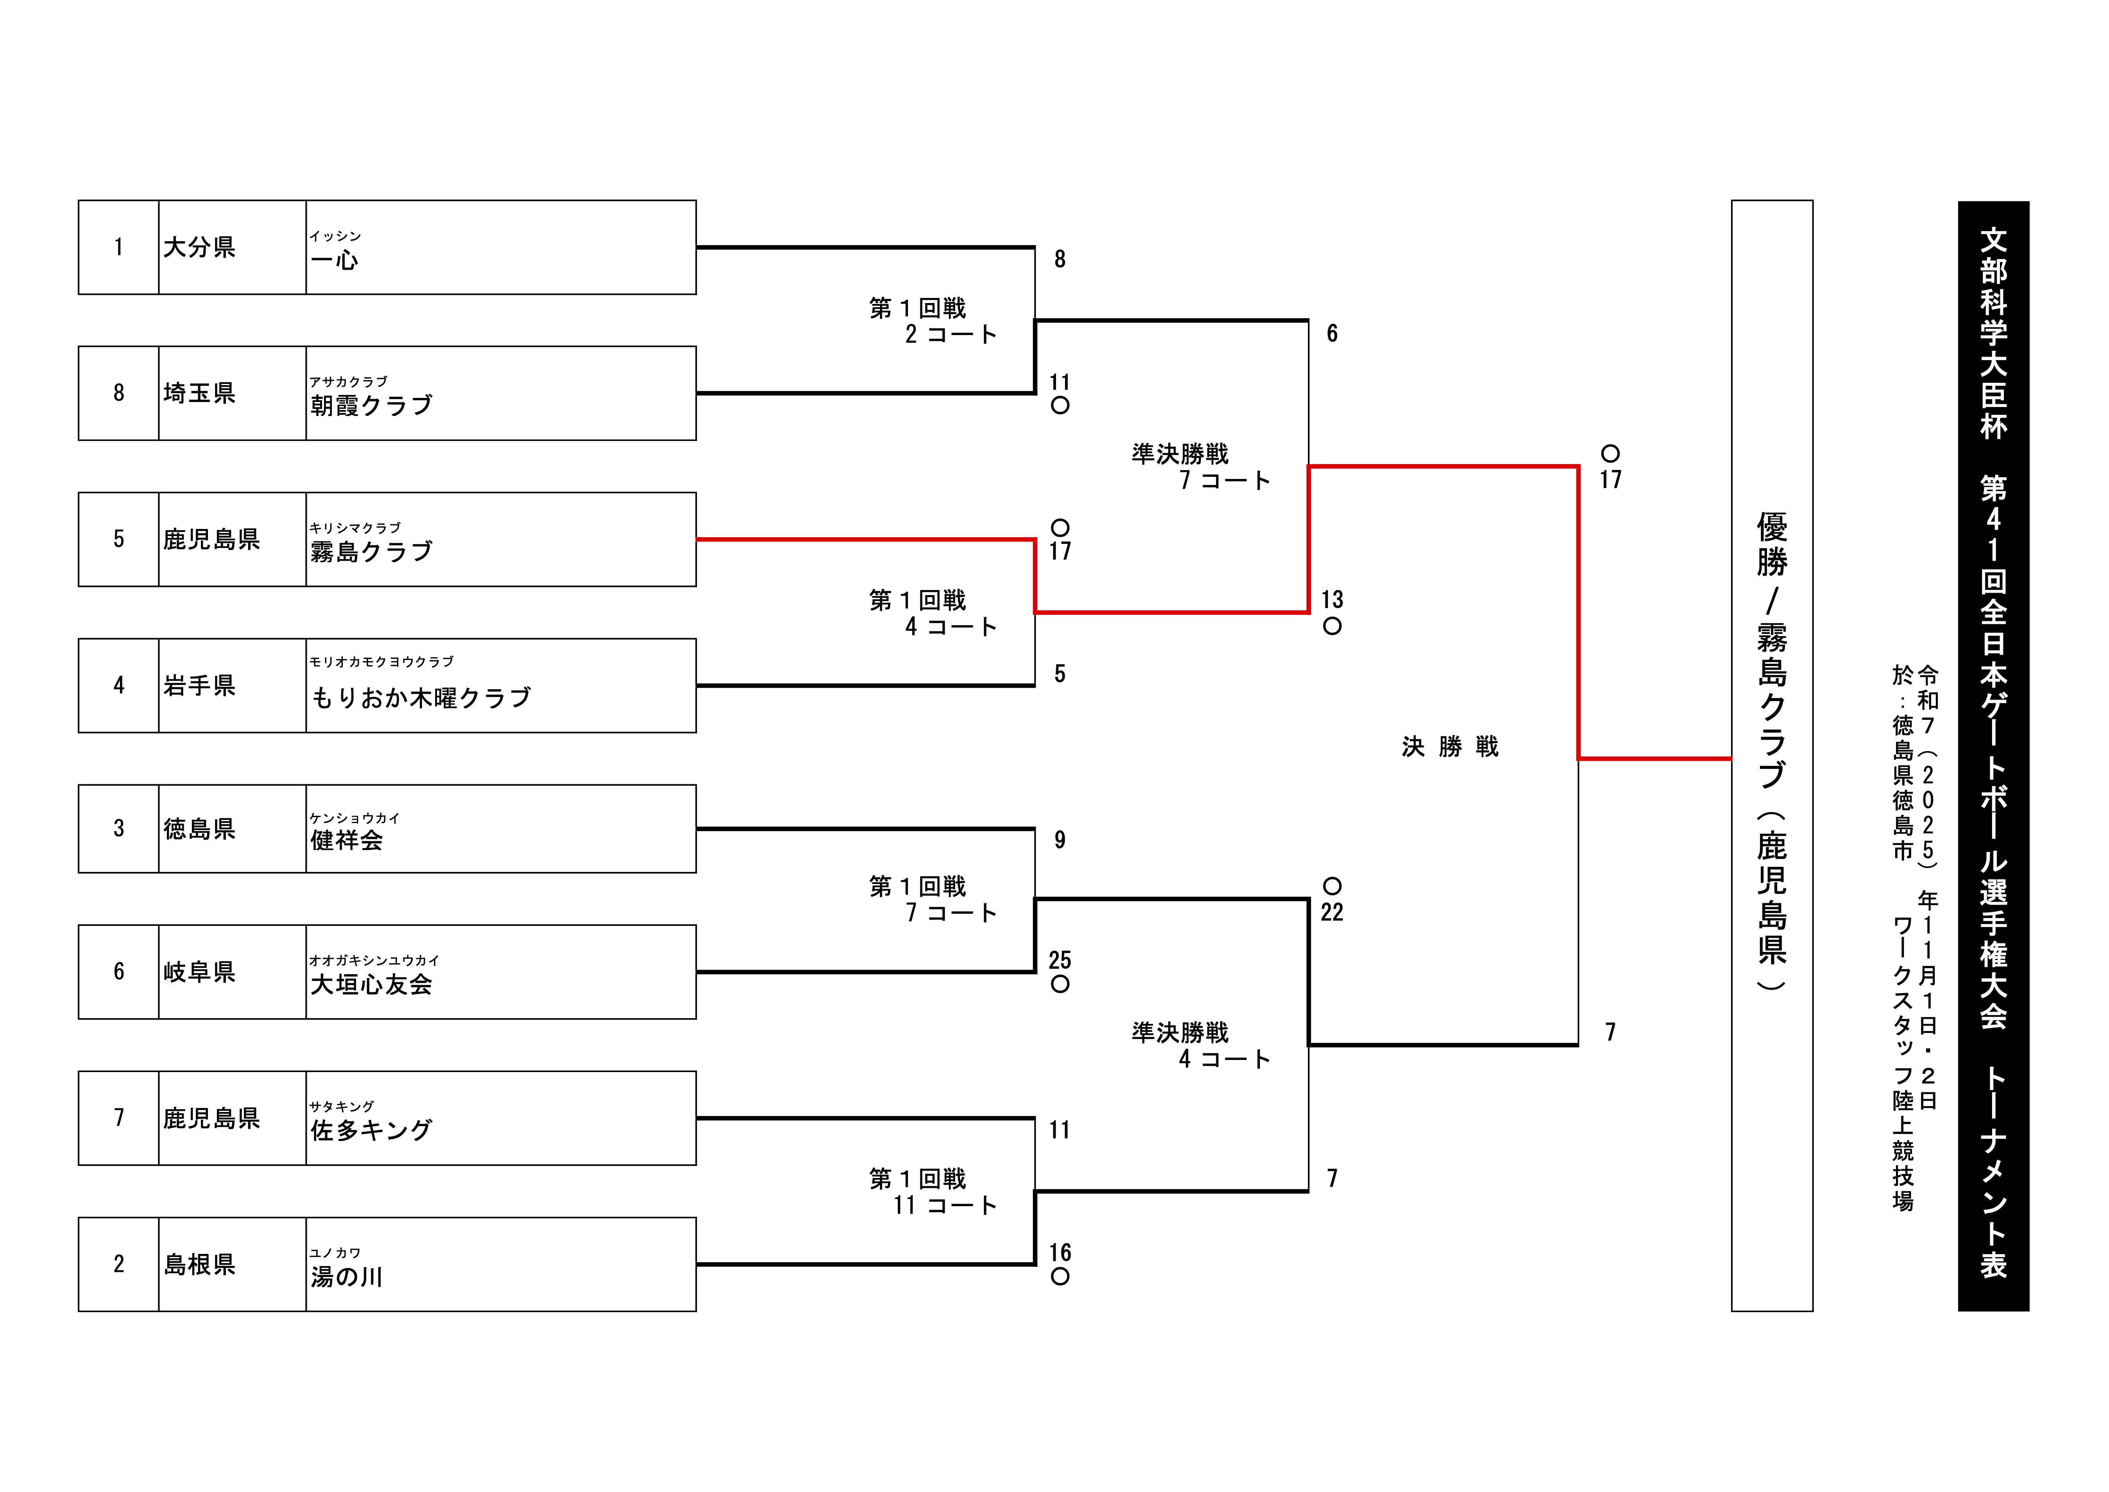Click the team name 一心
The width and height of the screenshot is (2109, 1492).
point(334,260)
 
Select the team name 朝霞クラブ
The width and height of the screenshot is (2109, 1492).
point(371,405)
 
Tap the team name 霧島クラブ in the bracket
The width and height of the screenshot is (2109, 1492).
point(371,551)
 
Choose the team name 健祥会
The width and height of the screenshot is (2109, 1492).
point(346,840)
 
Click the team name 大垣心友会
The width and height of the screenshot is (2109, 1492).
point(371,984)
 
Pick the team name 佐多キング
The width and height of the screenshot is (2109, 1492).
point(371,1130)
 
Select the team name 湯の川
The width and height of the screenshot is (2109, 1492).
point(346,1276)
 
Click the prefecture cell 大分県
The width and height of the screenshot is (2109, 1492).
point(199,247)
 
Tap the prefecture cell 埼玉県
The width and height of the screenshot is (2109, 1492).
point(199,393)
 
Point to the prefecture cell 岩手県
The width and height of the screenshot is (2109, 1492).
point(199,685)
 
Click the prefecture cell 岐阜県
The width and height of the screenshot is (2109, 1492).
point(199,972)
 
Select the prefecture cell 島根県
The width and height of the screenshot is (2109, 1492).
point(199,1264)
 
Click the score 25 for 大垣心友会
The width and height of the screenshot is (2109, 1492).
point(1060,960)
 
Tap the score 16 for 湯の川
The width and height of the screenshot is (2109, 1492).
point(1060,1252)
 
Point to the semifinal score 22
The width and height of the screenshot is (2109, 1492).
point(1332,912)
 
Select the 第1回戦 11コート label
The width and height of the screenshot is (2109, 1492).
point(932,1192)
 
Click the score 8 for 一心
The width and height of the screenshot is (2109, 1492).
point(1060,259)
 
